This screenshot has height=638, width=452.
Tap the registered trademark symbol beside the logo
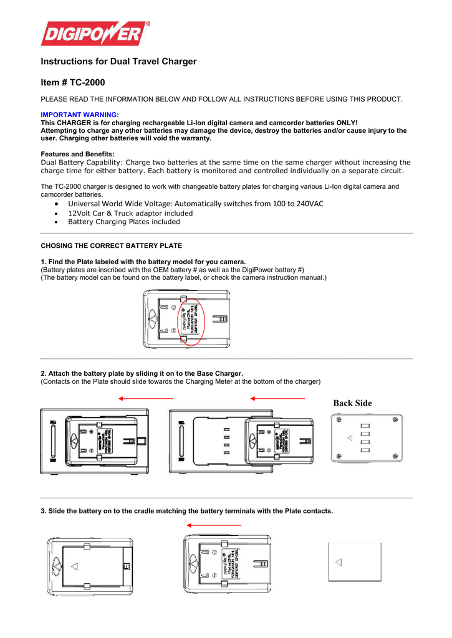click(x=148, y=24)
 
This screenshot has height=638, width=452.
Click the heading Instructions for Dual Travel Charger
click(x=118, y=61)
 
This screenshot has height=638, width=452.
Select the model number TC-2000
click(x=87, y=82)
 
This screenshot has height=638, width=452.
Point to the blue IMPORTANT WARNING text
click(x=79, y=115)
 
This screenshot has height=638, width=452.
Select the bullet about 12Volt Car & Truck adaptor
click(x=130, y=213)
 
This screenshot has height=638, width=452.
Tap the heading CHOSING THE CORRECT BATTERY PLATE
click(x=111, y=246)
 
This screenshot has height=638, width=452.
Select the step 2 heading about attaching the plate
click(x=142, y=373)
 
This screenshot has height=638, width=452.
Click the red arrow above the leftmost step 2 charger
click(x=146, y=398)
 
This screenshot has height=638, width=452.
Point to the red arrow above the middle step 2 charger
click(x=277, y=398)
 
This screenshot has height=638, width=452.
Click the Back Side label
click(x=352, y=403)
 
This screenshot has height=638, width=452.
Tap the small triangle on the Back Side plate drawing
click(x=350, y=438)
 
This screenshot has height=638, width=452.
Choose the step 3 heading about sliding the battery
click(x=186, y=511)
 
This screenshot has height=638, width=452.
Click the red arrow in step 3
click(x=214, y=525)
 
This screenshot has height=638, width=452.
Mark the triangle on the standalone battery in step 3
click(x=338, y=562)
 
